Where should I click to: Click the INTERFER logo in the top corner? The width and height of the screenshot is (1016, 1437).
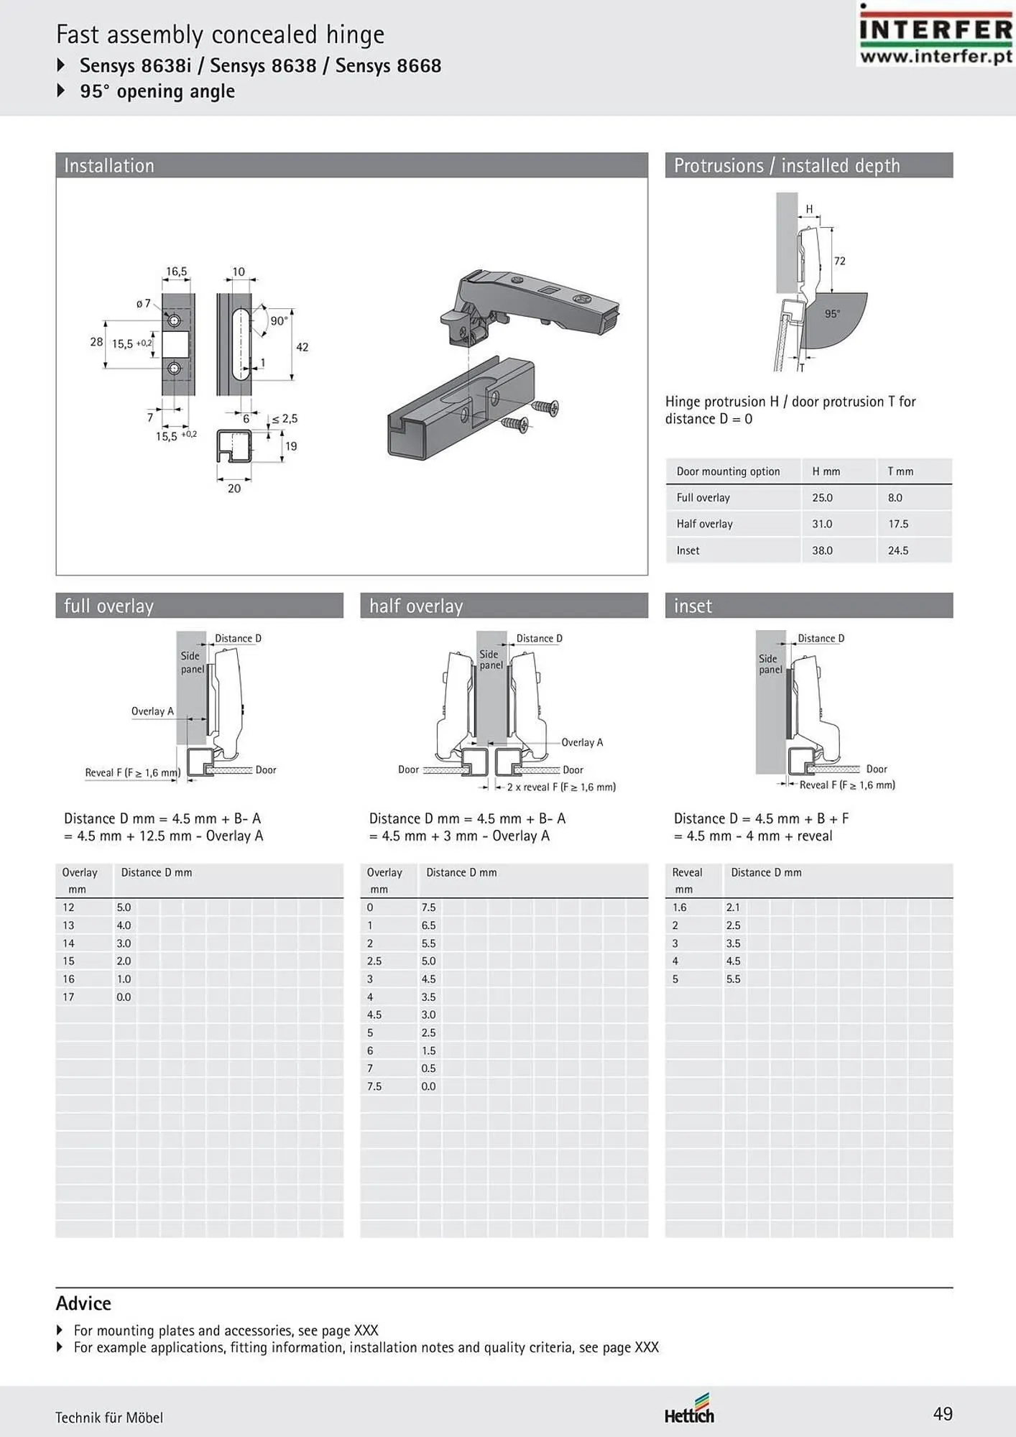point(936,34)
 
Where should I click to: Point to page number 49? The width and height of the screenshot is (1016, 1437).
point(943,1414)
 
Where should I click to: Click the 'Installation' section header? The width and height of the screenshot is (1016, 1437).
point(109,166)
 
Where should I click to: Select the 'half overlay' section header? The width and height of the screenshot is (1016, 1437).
point(416,606)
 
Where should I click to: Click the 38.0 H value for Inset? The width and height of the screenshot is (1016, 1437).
point(822,550)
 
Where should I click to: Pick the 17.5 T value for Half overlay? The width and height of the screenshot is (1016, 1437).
point(898,524)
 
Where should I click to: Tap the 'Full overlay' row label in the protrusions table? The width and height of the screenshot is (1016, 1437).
point(703,497)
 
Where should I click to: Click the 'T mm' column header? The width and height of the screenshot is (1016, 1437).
point(900,471)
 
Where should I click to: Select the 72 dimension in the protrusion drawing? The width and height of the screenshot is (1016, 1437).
point(839,261)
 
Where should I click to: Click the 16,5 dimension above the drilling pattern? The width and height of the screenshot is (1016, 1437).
point(176,272)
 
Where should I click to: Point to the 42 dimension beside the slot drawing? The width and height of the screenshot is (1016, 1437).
point(302,347)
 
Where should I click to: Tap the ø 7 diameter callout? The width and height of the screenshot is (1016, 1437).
point(144,303)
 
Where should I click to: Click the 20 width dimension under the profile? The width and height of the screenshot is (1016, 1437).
point(234,489)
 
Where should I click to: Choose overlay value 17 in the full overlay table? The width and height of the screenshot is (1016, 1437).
point(68,997)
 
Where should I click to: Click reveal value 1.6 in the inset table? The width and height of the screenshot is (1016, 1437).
point(679,907)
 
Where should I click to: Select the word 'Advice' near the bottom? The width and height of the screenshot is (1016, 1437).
point(83,1303)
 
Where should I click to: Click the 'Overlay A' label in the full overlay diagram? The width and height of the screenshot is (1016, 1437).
point(152,711)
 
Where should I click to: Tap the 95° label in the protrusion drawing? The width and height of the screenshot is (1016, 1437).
point(832,314)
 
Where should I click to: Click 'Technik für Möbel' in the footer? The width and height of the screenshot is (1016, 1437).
point(109,1418)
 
